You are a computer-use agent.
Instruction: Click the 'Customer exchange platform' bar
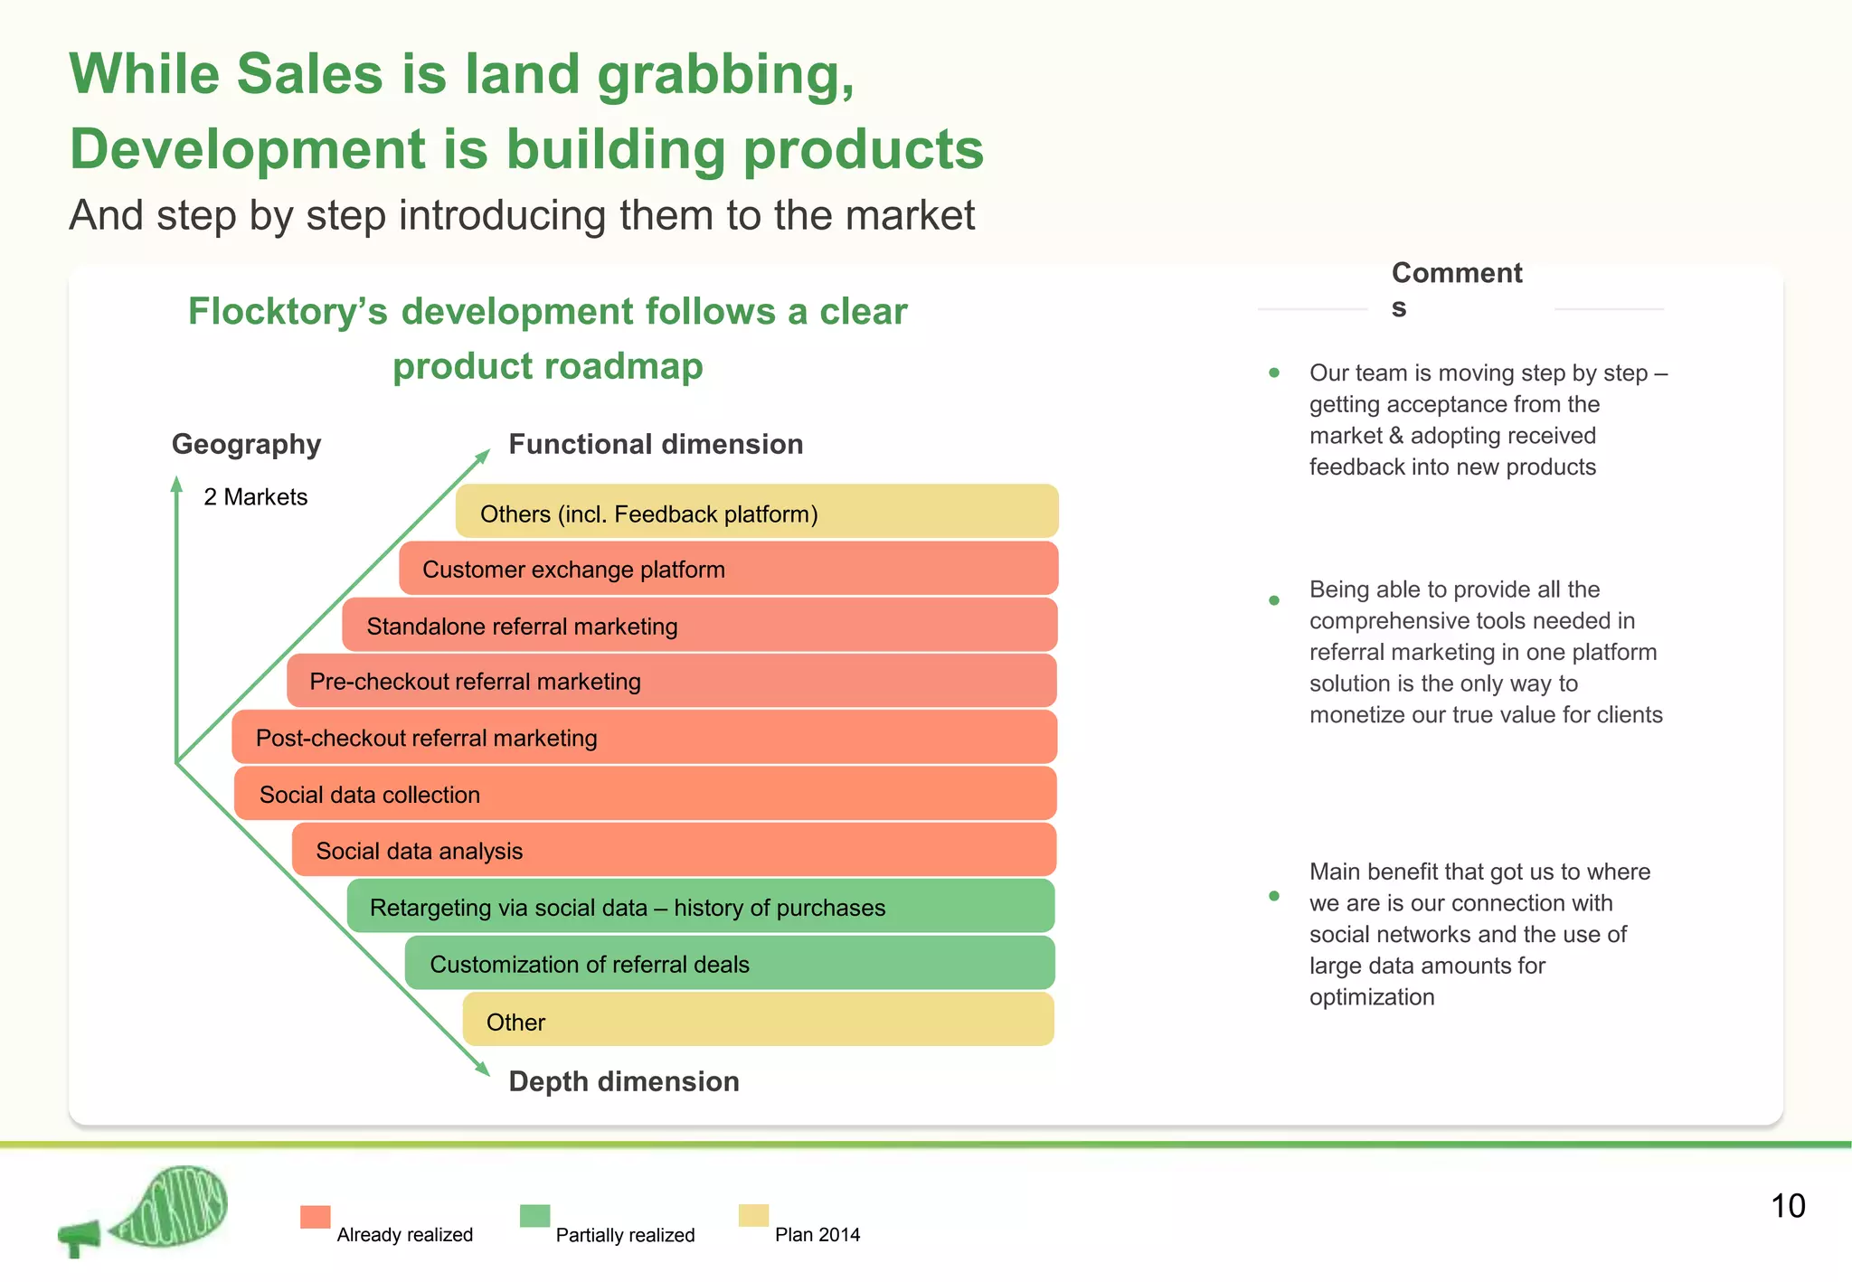(x=728, y=569)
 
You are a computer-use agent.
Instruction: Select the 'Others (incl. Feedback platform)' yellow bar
(x=756, y=513)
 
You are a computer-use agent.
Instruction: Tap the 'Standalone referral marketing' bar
(x=699, y=625)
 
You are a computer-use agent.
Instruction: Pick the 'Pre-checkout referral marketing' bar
(x=671, y=681)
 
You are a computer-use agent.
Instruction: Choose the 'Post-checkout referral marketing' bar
(x=644, y=737)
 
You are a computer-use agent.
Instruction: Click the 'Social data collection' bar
(x=645, y=794)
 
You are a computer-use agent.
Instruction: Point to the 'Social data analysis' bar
(x=674, y=850)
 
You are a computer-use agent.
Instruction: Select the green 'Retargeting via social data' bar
(x=701, y=906)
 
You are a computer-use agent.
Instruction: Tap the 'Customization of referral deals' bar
(x=729, y=963)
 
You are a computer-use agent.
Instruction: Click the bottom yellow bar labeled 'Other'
(x=758, y=1020)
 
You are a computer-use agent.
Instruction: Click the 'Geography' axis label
(x=246, y=444)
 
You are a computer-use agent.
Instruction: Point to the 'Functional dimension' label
(x=656, y=444)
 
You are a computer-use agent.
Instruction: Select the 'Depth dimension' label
(x=624, y=1081)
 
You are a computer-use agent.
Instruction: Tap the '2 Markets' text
(x=255, y=496)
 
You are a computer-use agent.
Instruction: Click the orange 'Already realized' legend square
(x=315, y=1217)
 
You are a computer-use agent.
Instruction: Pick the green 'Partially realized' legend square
(x=534, y=1216)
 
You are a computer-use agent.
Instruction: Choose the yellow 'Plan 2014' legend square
(x=753, y=1216)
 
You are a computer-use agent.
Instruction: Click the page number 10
(x=1787, y=1206)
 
